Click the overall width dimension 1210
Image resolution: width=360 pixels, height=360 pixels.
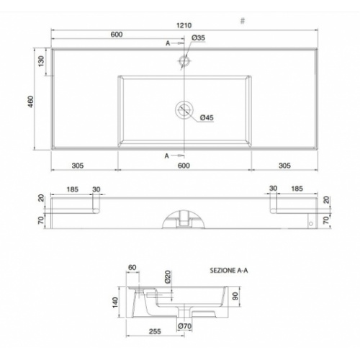185,27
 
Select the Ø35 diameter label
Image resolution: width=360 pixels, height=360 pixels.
199,37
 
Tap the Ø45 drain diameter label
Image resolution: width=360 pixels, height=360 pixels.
204,117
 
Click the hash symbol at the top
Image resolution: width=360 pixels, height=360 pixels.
242,21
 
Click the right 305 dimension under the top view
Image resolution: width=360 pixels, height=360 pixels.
285,165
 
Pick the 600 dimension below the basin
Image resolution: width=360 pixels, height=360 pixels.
184,165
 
